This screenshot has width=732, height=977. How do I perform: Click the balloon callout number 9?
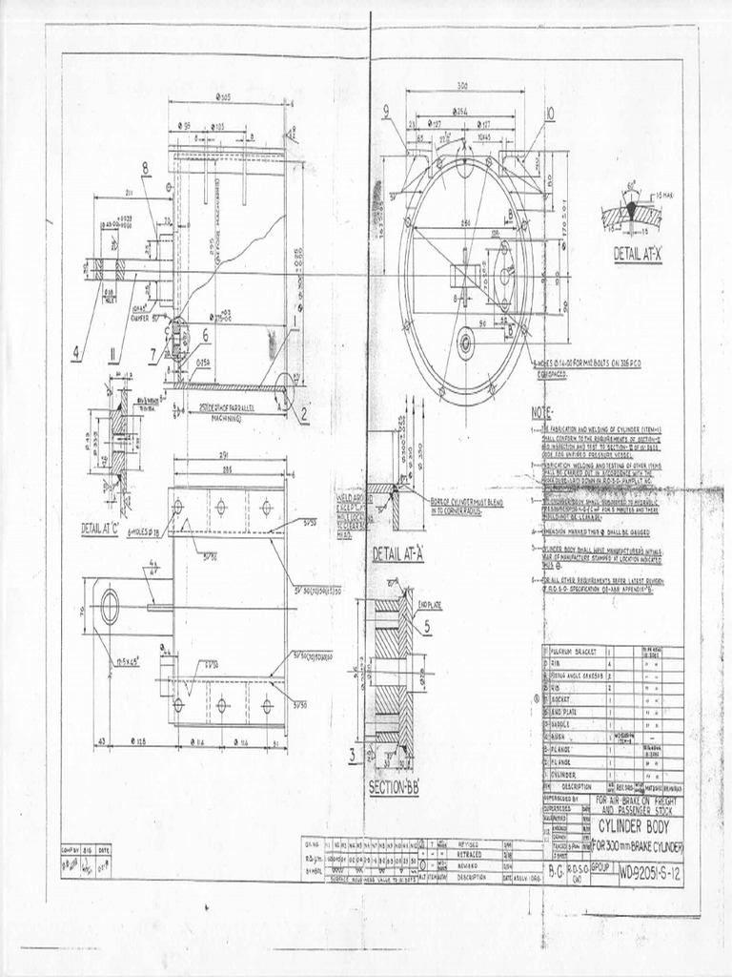tap(388, 112)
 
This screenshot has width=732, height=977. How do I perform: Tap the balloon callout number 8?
tap(146, 169)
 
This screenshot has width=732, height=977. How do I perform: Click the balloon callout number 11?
tap(113, 357)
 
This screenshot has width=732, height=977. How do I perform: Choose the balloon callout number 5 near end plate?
tap(426, 626)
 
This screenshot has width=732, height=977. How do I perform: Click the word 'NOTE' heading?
tap(541, 412)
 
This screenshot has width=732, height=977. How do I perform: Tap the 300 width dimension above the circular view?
tap(462, 87)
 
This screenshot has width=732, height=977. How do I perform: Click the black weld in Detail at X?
tap(630, 207)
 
